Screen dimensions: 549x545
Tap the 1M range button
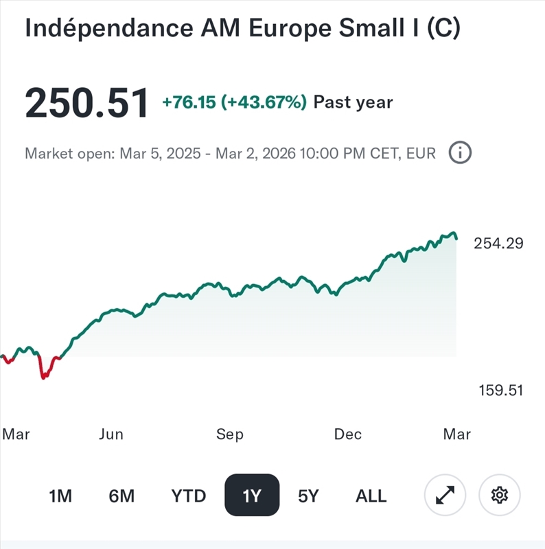[x=60, y=495]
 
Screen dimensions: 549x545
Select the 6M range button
[x=121, y=495]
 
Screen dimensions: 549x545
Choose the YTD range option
[x=189, y=495]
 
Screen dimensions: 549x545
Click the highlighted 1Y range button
[x=252, y=495]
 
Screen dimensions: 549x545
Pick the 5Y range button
[x=308, y=495]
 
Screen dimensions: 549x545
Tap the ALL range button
[x=371, y=495]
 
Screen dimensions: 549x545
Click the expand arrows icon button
[x=445, y=495]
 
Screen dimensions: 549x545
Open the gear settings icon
[x=500, y=495]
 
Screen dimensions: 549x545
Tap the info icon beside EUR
[x=460, y=153]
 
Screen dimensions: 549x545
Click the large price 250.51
[x=86, y=104]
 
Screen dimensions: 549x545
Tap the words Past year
[x=353, y=103]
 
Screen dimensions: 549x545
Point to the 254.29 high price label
[x=498, y=243]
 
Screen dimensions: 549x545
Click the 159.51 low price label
[x=500, y=390]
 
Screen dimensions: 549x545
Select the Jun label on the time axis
[x=111, y=434]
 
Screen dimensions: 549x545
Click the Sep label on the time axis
[x=229, y=434]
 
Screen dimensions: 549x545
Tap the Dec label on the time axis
[x=347, y=434]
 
